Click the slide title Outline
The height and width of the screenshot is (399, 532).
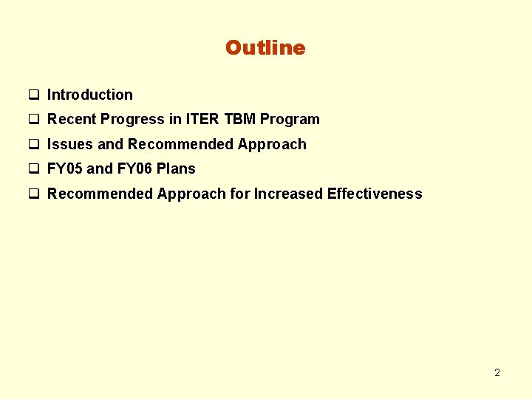pos(265,48)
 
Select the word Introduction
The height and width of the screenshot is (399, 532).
pos(90,95)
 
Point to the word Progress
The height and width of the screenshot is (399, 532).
pos(132,120)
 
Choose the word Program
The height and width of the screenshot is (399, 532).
pos(290,120)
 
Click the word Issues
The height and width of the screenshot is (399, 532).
pos(69,144)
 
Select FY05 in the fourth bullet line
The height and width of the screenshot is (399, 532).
pos(65,168)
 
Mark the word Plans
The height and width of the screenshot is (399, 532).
pos(176,168)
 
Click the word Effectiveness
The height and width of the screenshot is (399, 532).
pos(375,194)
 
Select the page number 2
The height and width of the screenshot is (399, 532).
pos(497,372)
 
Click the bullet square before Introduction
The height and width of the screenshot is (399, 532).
pos(33,95)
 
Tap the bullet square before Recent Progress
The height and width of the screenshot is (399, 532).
pos(33,120)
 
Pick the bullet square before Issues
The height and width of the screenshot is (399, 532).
pos(33,145)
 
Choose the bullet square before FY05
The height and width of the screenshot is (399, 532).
pos(33,169)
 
